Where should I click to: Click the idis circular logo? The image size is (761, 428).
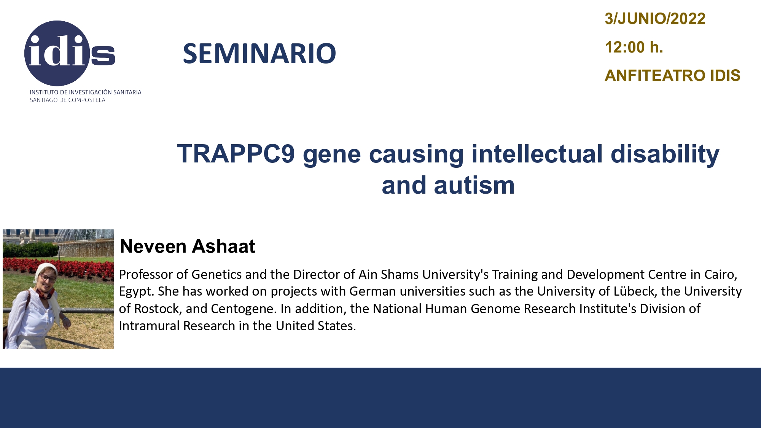click(57, 53)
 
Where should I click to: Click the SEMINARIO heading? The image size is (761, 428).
click(260, 53)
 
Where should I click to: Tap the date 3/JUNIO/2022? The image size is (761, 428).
click(655, 19)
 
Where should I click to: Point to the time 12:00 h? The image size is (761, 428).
click(634, 47)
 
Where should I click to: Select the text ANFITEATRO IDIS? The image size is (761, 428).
click(672, 75)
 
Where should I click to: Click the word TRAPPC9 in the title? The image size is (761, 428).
click(236, 154)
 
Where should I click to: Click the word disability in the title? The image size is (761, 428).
click(665, 155)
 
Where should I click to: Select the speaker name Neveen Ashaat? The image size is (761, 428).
click(187, 246)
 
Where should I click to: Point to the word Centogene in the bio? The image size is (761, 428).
click(242, 309)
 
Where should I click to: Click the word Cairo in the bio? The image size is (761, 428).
click(721, 274)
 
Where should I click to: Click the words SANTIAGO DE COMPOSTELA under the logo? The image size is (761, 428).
click(67, 100)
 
